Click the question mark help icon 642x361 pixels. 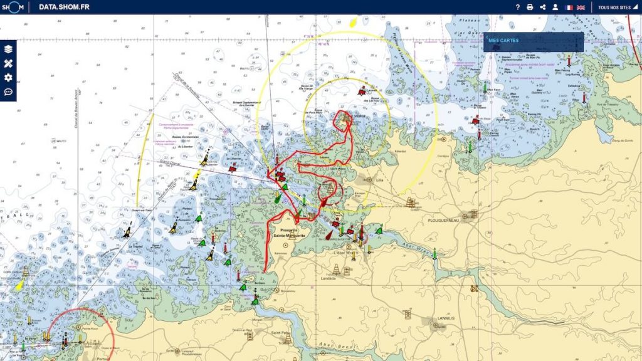click(518, 8)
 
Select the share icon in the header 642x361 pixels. click(543, 8)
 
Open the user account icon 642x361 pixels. click(555, 8)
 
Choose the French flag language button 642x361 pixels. click(569, 8)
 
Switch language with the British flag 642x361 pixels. click(581, 8)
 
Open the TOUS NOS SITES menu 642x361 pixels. click(616, 8)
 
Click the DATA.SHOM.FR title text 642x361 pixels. click(64, 7)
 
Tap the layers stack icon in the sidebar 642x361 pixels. click(8, 49)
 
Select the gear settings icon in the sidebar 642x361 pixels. click(8, 78)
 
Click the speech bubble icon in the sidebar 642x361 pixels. click(8, 92)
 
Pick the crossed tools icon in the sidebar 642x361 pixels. click(8, 63)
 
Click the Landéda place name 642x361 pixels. click(329, 278)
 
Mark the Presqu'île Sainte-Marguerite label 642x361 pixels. click(290, 233)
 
